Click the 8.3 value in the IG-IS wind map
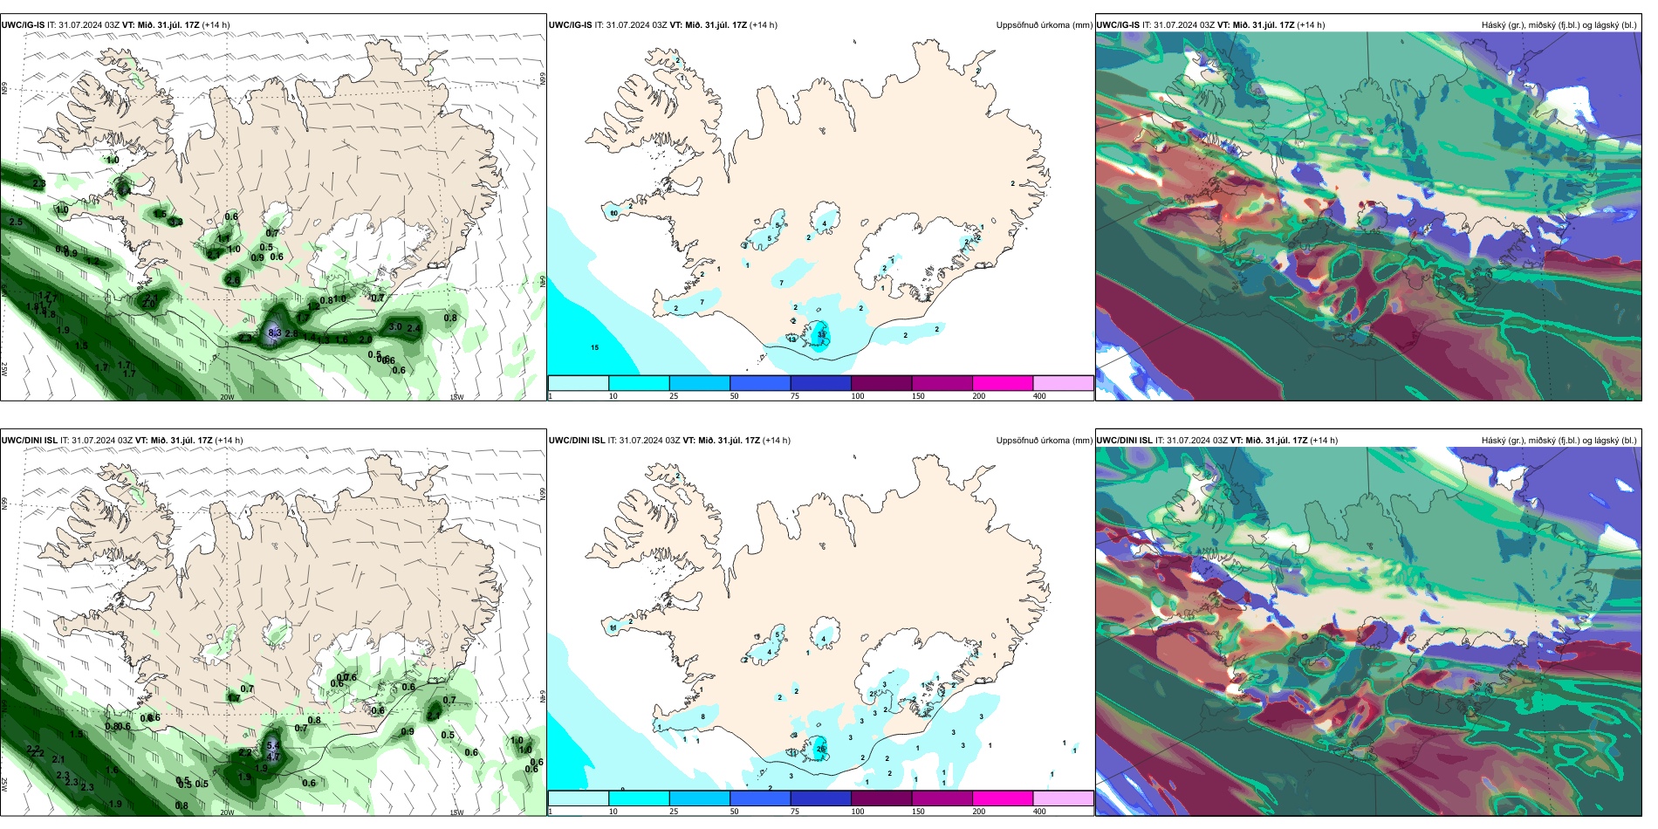click(274, 332)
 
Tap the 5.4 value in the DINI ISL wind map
click(273, 745)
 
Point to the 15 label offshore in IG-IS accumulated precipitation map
click(595, 347)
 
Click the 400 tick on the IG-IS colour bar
click(1039, 396)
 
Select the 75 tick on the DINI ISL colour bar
click(794, 812)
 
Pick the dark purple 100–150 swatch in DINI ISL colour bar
click(880, 798)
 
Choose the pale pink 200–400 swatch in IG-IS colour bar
click(1063, 383)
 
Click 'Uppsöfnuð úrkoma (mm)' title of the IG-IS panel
click(1044, 25)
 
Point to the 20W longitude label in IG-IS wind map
click(227, 397)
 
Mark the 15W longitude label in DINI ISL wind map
click(456, 812)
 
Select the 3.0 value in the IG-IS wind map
click(395, 327)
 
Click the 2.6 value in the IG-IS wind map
click(232, 280)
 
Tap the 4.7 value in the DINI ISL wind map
click(273, 757)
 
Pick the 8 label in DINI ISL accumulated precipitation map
click(702, 717)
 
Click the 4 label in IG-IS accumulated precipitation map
click(824, 224)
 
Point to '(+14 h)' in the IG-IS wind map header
click(216, 25)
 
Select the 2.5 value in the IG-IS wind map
click(16, 222)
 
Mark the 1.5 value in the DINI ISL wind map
click(77, 735)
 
